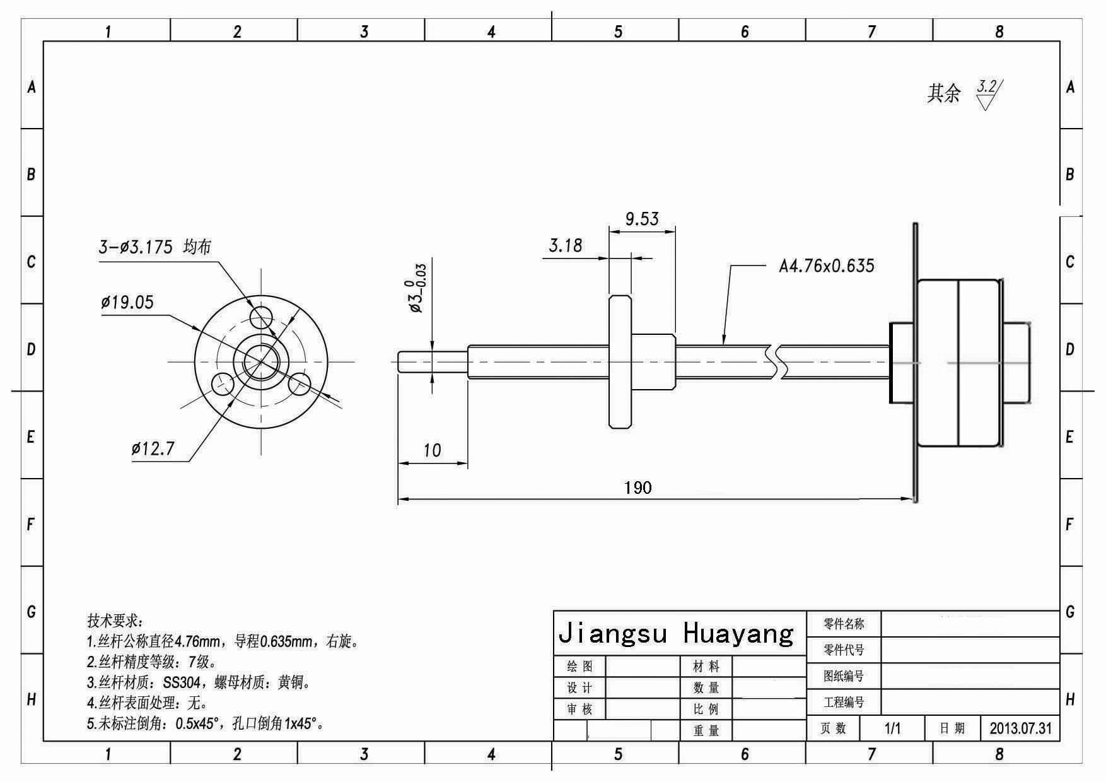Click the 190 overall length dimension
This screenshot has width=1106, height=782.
[637, 487]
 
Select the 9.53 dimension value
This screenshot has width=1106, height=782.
[642, 219]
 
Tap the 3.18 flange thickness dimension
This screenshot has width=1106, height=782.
[566, 245]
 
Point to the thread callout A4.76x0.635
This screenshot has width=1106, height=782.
[827, 266]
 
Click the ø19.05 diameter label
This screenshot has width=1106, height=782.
[127, 303]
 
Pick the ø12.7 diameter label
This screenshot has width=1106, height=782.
[153, 449]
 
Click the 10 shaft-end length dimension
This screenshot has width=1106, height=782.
[432, 450]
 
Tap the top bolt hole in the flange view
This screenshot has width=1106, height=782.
[261, 315]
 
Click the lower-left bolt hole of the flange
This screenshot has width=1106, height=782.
[222, 382]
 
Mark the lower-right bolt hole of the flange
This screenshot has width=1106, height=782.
[300, 383]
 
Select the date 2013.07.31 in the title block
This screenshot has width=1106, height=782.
[1020, 728]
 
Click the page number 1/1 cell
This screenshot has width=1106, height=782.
[892, 728]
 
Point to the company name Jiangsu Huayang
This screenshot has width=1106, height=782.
[676, 633]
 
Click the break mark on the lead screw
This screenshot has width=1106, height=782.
[776, 362]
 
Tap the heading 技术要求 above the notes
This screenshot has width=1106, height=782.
[115, 621]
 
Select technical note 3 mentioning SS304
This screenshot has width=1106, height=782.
[199, 682]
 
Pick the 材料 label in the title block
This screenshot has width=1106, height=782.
[706, 667]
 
